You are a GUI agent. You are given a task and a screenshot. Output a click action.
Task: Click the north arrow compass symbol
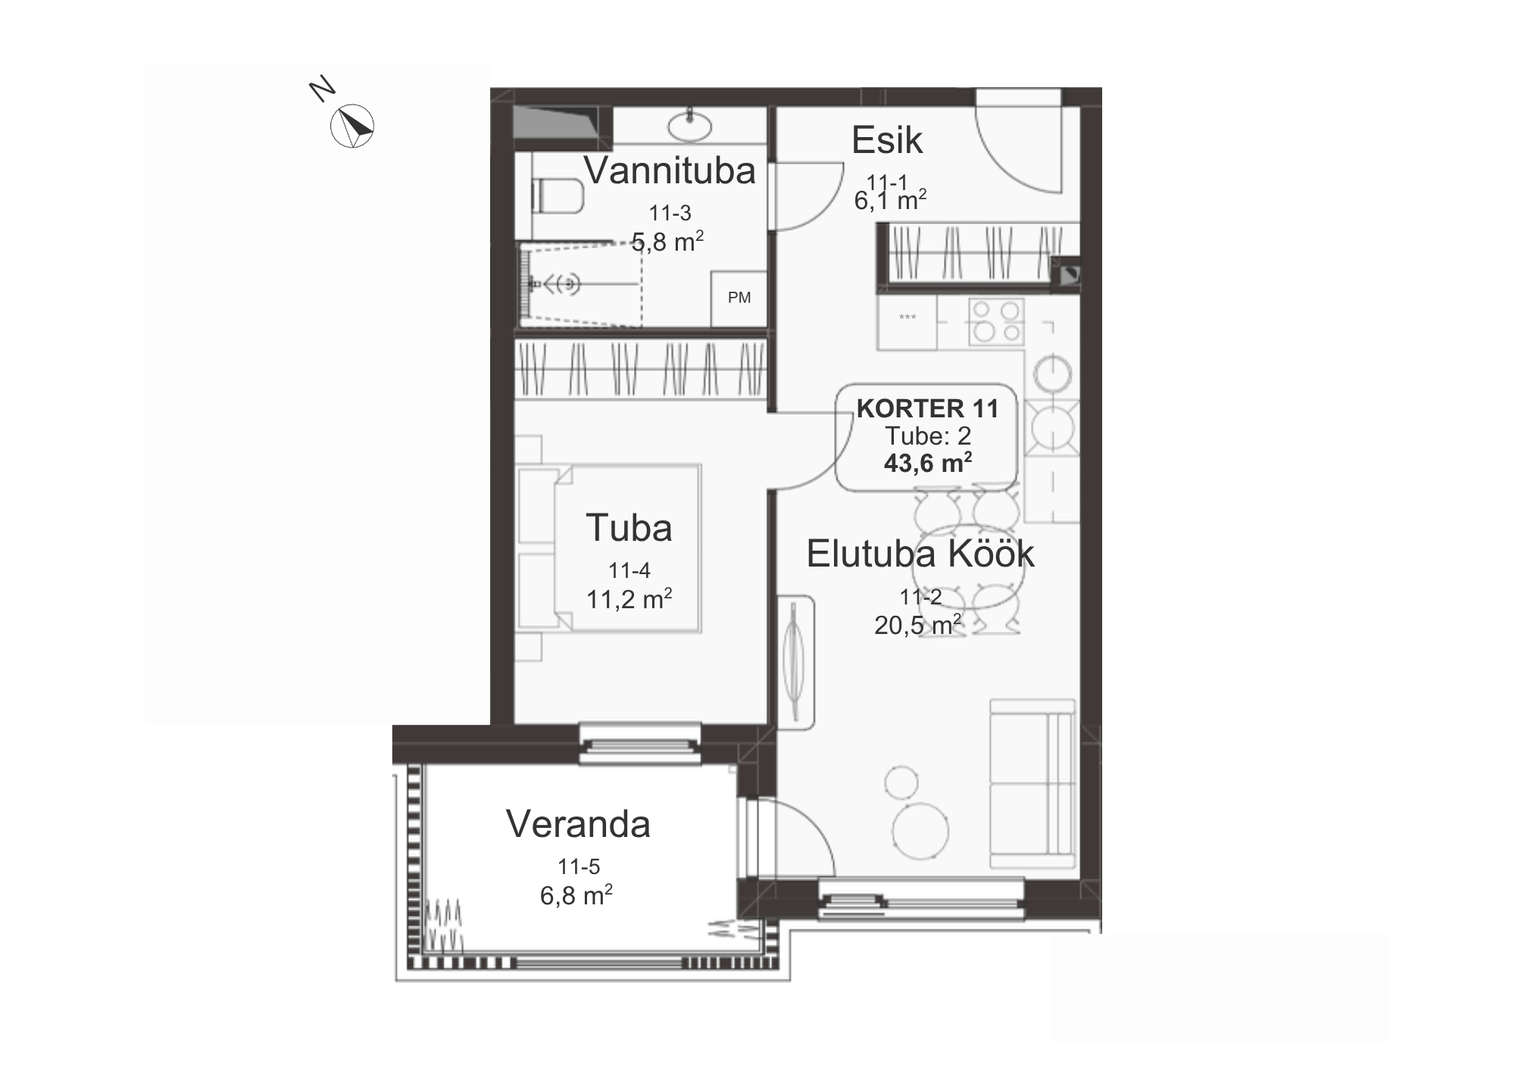pos(352,126)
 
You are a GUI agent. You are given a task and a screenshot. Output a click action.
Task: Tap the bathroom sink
pos(691,126)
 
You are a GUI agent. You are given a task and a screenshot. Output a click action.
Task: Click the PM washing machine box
pos(739,298)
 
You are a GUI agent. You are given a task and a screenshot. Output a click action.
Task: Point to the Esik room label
pos(886,140)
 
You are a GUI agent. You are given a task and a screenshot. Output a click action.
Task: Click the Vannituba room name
pos(670,170)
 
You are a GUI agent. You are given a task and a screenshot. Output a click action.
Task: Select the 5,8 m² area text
pos(667,242)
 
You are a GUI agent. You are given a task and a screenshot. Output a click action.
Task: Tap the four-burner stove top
pos(996,320)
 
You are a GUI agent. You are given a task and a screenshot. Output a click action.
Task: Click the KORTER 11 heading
pos(927,409)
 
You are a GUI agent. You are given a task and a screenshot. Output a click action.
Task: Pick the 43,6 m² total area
pos(928,463)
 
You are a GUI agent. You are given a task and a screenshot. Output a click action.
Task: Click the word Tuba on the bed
pos(629,528)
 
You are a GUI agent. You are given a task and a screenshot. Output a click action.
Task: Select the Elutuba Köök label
pos(920,554)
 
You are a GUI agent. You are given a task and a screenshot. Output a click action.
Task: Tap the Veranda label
pos(578,824)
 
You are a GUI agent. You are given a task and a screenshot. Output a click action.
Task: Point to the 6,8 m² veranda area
pos(576,895)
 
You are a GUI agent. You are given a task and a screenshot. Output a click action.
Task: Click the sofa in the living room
pos(1032,784)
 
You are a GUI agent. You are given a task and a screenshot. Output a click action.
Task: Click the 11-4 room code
pos(629,570)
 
